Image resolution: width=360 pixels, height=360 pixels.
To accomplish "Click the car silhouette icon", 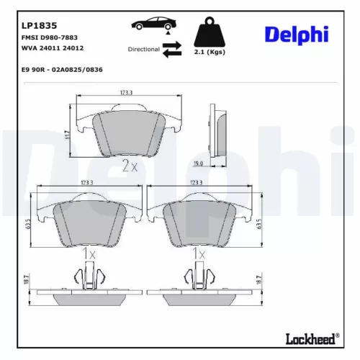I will coord(150,25).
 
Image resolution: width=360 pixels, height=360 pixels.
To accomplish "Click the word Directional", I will coord(144,49).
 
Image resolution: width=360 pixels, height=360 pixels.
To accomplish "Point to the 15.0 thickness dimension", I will coord(217,163).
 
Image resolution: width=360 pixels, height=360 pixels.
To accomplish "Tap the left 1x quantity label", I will coord(89,253).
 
